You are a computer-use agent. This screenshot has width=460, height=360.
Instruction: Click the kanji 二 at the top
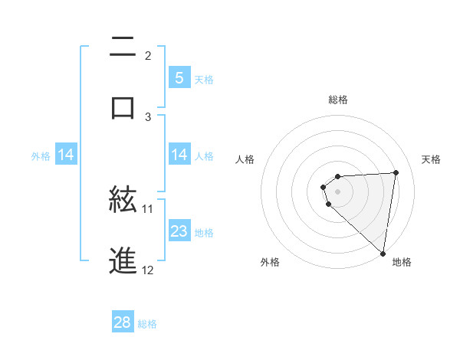point(123,47)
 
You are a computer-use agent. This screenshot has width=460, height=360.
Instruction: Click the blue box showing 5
point(179,77)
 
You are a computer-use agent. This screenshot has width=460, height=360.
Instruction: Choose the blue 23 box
point(179,231)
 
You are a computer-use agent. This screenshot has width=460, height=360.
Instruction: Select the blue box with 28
point(123,322)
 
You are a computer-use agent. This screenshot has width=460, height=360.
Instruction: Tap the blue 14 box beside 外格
point(66,155)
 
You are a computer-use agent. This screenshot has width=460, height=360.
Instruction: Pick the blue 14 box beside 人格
point(179,155)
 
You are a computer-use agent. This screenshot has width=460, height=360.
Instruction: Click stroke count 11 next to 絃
point(148,208)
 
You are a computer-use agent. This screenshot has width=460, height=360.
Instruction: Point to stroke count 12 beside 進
point(148,270)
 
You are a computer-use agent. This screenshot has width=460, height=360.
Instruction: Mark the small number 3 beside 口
point(149,116)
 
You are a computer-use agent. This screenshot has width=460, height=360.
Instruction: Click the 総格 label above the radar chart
point(338,100)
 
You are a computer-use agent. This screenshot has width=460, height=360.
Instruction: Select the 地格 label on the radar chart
point(402,262)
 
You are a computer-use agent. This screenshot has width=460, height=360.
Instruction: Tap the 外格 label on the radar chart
point(270,262)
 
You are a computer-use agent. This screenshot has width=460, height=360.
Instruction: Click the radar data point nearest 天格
point(396,172)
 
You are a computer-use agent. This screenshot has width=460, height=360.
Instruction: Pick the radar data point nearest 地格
point(383,253)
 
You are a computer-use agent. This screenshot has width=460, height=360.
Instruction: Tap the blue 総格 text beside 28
point(147,324)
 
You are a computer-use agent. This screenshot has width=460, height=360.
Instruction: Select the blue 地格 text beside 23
point(204,232)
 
